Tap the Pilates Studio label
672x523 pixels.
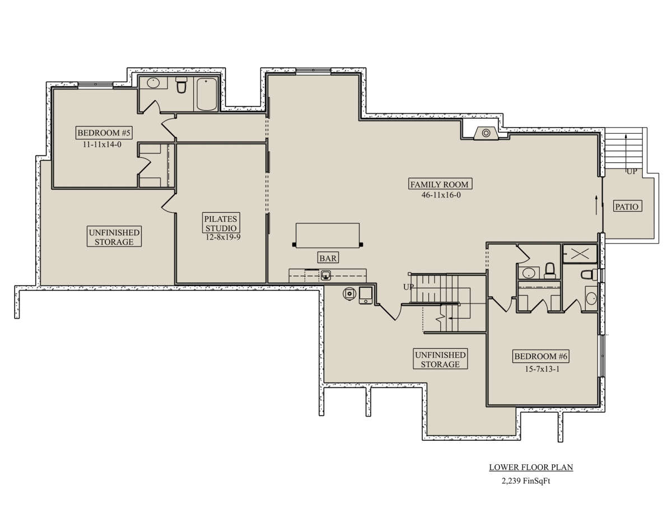pos(221,223)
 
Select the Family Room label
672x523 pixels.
pos(440,184)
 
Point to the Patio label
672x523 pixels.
pos(627,206)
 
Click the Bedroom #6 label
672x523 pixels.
pos(541,356)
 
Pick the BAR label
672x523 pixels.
pos(328,258)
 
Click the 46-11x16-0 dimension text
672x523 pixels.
pos(441,195)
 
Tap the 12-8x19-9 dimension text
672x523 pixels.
pos(223,237)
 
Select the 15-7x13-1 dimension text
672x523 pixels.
pos(542,369)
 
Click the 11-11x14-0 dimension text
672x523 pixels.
pos(102,144)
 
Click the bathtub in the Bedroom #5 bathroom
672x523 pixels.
pos(207,94)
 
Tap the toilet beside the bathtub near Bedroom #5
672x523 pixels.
pos(181,85)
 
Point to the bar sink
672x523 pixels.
pos(326,275)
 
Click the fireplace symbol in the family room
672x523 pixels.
pos(486,133)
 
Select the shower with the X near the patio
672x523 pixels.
pos(580,254)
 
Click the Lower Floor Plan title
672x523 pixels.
pos(531,468)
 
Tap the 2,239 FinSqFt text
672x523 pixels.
pos(526,481)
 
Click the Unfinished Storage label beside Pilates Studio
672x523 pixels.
pos(114,237)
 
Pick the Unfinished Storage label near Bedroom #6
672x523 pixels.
pos(440,359)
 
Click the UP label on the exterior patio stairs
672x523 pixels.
pos(632,171)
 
